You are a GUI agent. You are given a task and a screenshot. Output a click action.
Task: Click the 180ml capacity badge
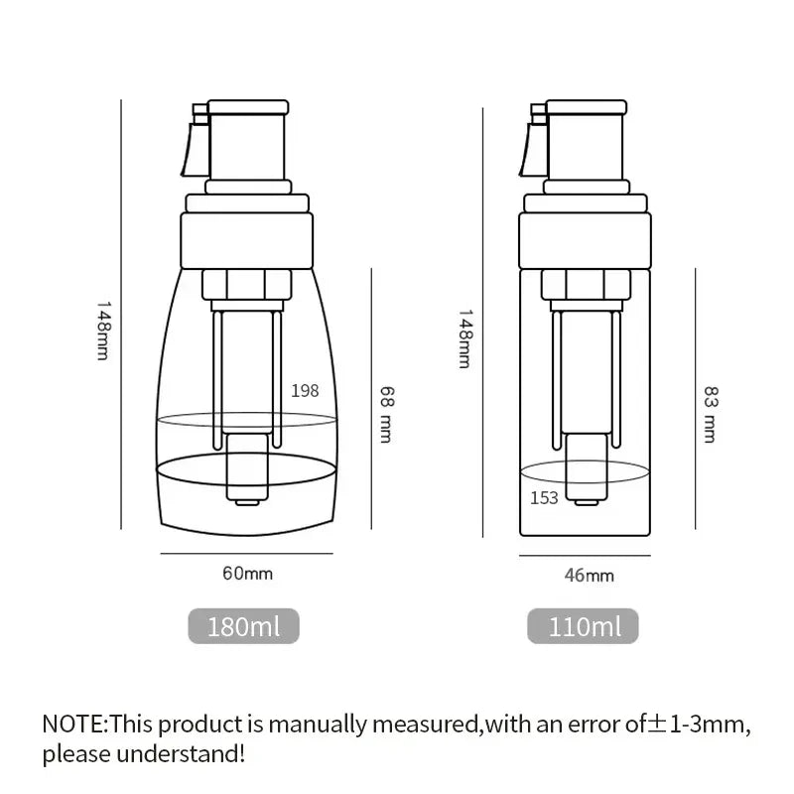point(243,626)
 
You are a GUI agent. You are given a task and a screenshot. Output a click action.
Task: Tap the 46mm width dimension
point(588,574)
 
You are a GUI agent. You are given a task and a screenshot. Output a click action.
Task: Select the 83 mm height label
point(710,414)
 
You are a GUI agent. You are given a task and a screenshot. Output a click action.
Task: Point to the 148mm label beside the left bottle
point(102,331)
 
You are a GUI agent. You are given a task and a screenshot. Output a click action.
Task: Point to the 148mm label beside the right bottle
point(463,337)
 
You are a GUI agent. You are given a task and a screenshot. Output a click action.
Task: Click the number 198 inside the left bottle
point(305,390)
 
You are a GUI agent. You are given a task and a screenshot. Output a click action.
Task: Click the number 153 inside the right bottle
point(544,497)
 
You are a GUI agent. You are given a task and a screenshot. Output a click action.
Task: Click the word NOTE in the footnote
point(72,723)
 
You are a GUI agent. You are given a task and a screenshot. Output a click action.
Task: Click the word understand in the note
point(188,753)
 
